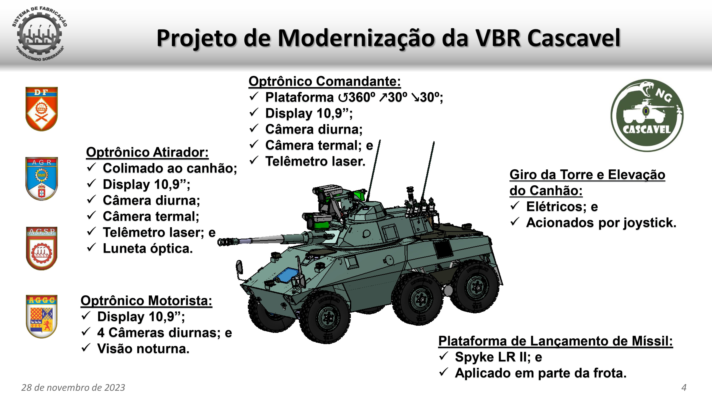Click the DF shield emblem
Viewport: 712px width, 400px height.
tap(41, 109)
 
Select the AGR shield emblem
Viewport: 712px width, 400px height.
tap(41, 179)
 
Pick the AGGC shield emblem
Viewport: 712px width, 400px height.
tap(41, 316)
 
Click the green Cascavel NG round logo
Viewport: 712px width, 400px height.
tap(647, 115)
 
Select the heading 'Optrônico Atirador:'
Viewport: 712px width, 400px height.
tap(147, 152)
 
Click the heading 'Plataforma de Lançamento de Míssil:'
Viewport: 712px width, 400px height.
tap(556, 341)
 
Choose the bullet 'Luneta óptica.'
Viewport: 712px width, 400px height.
tap(148, 249)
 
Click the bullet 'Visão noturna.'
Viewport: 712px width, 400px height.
tap(143, 349)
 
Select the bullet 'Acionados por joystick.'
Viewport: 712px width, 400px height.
tap(601, 223)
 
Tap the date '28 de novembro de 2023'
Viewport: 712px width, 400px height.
tap(73, 388)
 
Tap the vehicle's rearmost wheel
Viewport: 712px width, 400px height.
tap(476, 287)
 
